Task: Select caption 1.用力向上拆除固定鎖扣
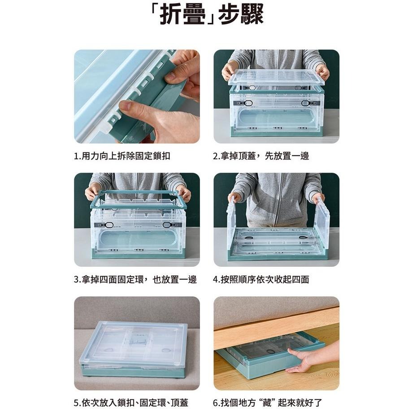coord(122,156)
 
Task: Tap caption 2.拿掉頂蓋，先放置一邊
coord(261,156)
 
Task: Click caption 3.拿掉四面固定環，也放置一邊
coord(135,279)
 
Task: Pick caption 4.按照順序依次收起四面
coord(261,279)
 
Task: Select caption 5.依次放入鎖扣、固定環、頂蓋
coord(130,402)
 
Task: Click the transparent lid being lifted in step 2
coord(276,77)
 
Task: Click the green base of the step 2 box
coord(276,133)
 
